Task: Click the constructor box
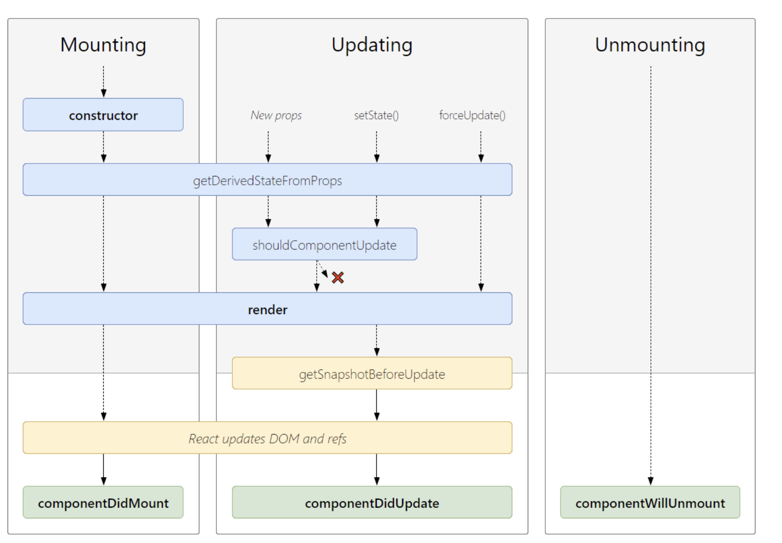tap(103, 115)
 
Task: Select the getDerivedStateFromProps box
tap(267, 179)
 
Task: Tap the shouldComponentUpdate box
tap(324, 244)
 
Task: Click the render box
tap(267, 308)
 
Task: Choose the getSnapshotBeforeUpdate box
tap(372, 373)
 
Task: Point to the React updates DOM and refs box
tap(267, 438)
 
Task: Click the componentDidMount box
tap(103, 502)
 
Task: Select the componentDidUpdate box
tap(372, 502)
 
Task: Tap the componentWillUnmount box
tap(650, 502)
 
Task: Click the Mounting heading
tap(103, 45)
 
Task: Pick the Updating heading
tap(372, 45)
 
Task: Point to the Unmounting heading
tap(650, 45)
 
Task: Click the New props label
tap(276, 115)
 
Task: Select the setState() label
tap(376, 115)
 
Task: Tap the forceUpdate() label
tap(472, 115)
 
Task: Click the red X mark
tap(338, 278)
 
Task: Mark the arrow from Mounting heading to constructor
tap(103, 81)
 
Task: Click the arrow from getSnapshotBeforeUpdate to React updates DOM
tap(377, 405)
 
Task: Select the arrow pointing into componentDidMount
tap(103, 470)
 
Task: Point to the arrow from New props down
tap(268, 147)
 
